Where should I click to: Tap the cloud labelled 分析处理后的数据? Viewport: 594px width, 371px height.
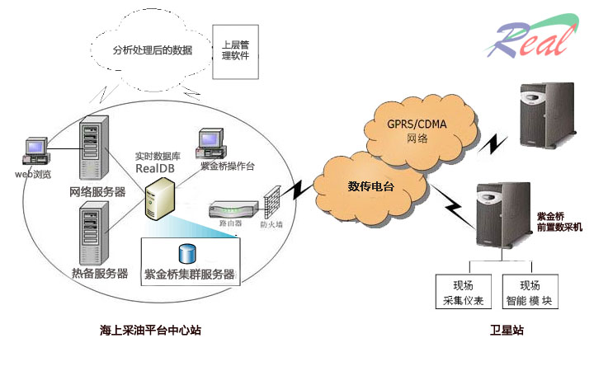pos(152,49)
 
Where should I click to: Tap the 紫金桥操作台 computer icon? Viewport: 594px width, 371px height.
pos(210,143)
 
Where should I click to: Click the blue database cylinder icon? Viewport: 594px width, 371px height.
pos(186,254)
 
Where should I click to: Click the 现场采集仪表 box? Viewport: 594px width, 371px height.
pos(462,292)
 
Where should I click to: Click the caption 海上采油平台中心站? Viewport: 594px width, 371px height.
pos(150,331)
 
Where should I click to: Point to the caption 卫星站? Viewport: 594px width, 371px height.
pos(506,331)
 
